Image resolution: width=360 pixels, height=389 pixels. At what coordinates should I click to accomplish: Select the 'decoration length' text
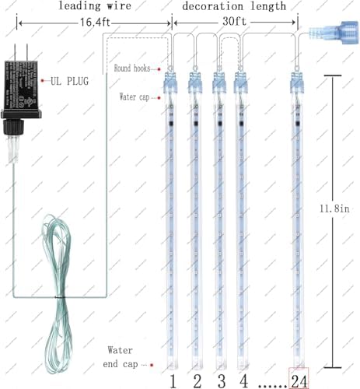point(234,6)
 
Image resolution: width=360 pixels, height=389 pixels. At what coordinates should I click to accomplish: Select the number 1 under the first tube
point(172,380)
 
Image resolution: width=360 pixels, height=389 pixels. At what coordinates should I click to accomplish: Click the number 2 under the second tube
point(197,380)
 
